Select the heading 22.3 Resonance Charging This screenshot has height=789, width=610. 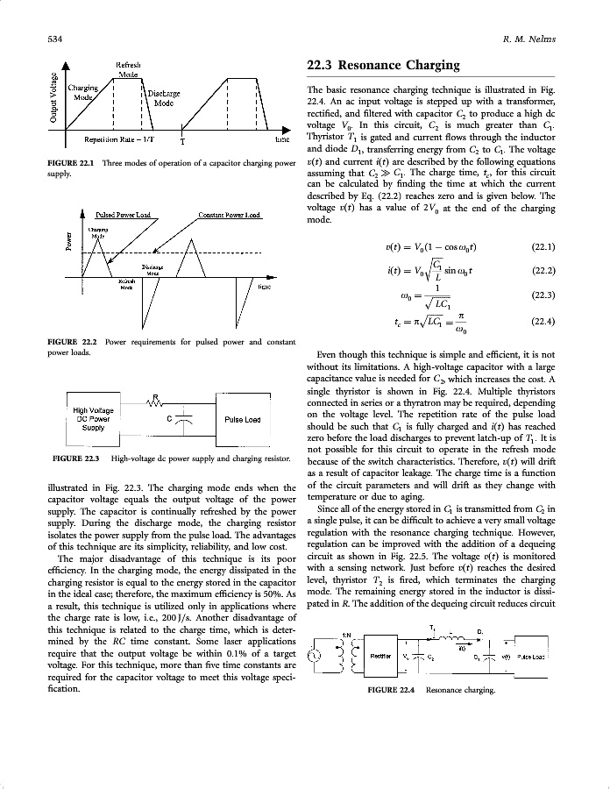[x=383, y=65]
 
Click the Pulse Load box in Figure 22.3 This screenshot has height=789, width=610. [x=242, y=419]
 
